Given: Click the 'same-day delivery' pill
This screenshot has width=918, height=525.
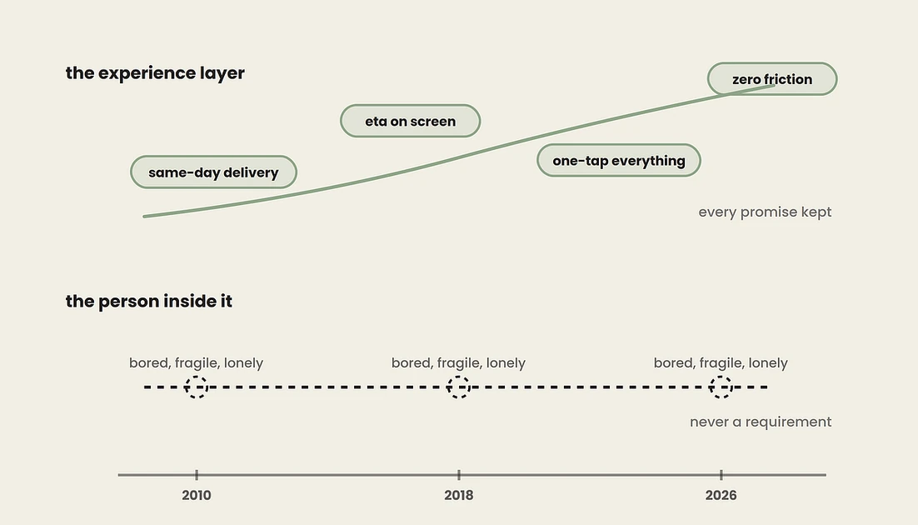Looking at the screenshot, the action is tap(214, 172).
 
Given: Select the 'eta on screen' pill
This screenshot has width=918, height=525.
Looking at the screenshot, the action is tap(411, 122).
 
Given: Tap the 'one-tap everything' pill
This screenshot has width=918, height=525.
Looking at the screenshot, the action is tap(619, 161).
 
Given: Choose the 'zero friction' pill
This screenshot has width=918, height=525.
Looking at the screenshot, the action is tap(772, 79).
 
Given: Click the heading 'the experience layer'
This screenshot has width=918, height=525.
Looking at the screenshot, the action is tap(155, 73).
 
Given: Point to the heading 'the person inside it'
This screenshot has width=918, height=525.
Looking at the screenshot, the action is tap(149, 301).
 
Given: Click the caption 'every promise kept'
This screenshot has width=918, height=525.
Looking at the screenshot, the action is tap(765, 212).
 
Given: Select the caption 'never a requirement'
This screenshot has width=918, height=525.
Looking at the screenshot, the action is tap(761, 422).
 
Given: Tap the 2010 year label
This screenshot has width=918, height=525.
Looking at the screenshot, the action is tap(197, 495).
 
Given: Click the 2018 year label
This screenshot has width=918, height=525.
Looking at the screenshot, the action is tap(459, 495).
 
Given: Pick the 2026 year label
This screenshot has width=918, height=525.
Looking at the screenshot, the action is tap(721, 495).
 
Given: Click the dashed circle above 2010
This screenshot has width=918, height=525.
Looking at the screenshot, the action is tap(197, 376).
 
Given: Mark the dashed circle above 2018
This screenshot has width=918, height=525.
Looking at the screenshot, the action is tap(459, 376).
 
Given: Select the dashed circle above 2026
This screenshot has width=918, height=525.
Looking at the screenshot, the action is tap(721, 376).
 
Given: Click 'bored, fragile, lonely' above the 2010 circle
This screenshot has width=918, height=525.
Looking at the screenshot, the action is tap(196, 363).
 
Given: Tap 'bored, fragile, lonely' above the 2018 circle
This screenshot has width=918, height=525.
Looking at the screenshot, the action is tap(458, 363).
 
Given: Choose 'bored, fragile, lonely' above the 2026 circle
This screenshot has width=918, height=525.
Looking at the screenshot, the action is tap(721, 363).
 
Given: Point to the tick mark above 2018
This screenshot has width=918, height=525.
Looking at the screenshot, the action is tap(459, 475).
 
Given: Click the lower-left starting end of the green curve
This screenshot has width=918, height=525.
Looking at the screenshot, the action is tap(145, 216).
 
